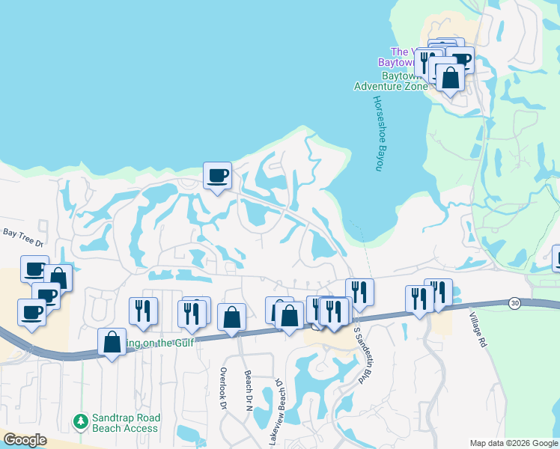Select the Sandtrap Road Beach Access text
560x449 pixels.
click(x=125, y=424)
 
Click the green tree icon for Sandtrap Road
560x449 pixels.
click(x=81, y=421)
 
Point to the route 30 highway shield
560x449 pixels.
click(x=514, y=302)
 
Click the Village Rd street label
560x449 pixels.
click(x=479, y=330)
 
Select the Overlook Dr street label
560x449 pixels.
click(x=223, y=388)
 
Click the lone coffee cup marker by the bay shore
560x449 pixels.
click(x=217, y=175)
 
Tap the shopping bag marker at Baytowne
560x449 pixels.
click(x=451, y=77)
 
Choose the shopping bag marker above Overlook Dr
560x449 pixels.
click(x=232, y=317)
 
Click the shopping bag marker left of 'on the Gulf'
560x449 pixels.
click(x=112, y=342)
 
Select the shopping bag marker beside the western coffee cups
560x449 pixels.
click(x=58, y=278)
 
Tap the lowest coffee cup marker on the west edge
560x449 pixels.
click(x=31, y=312)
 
